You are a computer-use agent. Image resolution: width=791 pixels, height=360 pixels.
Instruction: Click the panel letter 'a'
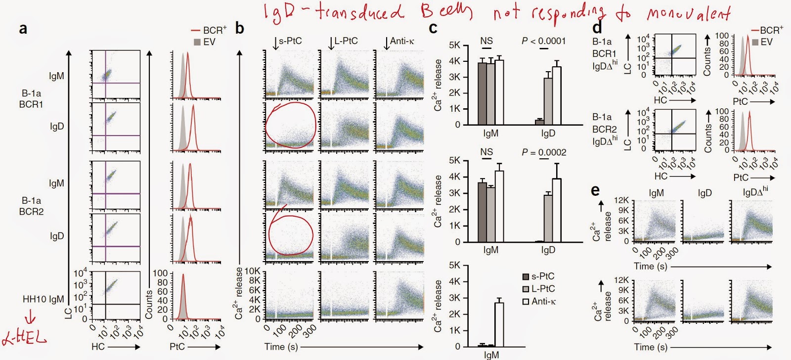coord(23,29)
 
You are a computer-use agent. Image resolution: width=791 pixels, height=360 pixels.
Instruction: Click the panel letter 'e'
coord(596,190)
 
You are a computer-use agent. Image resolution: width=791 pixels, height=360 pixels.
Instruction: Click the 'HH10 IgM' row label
coord(44,299)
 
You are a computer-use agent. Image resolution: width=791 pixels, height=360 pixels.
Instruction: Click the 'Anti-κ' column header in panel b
coord(401,41)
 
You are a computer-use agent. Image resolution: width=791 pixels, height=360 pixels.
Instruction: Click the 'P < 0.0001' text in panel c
coord(544,41)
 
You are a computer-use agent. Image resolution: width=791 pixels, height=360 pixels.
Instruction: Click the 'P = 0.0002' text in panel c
coord(544,152)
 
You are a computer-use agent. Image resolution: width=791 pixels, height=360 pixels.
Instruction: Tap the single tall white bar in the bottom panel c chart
coord(499,324)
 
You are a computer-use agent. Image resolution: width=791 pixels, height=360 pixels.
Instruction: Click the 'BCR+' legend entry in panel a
coord(210,30)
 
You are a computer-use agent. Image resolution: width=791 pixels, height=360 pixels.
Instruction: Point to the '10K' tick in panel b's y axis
coord(253,271)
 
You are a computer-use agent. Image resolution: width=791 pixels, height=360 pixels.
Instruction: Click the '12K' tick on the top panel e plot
coord(621,200)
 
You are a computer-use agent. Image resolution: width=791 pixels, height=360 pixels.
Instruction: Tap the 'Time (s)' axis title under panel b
coord(281,347)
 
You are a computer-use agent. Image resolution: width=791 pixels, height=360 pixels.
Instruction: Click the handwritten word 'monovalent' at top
coord(688,13)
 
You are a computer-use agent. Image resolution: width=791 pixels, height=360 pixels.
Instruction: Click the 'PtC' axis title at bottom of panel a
coord(177,347)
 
